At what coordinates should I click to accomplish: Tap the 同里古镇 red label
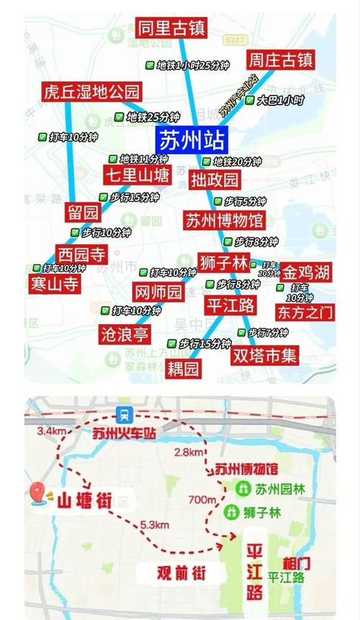[171, 29]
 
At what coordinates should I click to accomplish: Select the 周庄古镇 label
[280, 59]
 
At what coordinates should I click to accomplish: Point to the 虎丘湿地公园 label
[91, 92]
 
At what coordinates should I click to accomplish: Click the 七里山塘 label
[137, 176]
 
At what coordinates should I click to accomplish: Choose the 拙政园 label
[215, 179]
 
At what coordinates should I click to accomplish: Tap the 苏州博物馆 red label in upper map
[224, 219]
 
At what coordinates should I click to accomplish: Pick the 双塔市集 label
[264, 355]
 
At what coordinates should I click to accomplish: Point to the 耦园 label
[183, 369]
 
